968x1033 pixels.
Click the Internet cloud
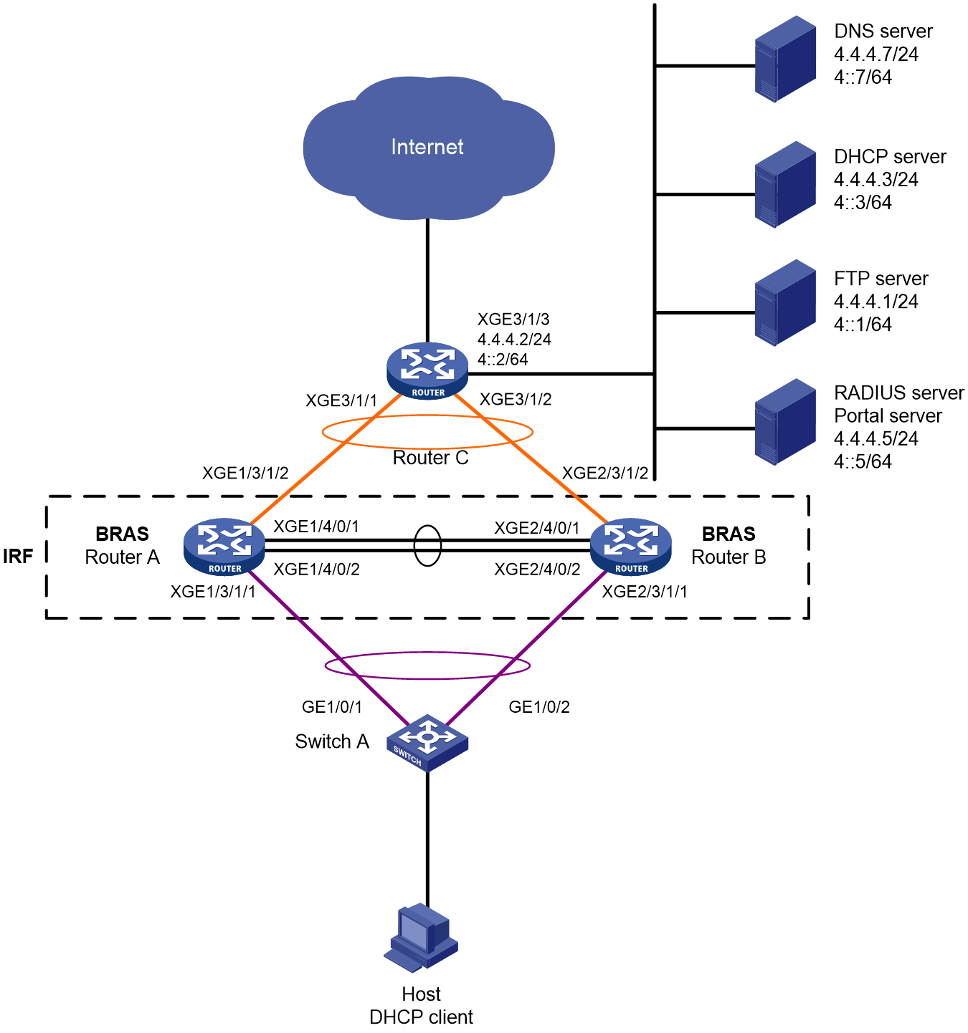coord(428,148)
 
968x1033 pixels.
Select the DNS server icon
coord(784,59)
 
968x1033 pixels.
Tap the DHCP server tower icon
coord(784,184)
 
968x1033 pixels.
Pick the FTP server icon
coord(784,303)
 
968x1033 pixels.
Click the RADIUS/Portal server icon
coord(784,422)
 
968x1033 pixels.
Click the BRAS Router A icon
coord(224,547)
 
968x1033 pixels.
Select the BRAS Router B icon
coord(630,547)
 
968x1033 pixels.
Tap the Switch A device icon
coord(427,743)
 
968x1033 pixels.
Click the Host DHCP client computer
coord(421,938)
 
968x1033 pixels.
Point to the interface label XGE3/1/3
coord(513,319)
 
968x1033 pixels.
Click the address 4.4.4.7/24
coord(876,54)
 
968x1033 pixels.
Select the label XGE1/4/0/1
coord(317,527)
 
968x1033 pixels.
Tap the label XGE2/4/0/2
coord(537,570)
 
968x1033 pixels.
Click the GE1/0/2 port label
coord(539,707)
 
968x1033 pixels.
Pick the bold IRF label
coord(18,557)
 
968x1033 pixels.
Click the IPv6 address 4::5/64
coord(863,462)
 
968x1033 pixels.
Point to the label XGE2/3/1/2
coord(605,474)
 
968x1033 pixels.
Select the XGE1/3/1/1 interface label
coord(213,592)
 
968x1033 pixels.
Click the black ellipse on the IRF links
coord(414,546)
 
